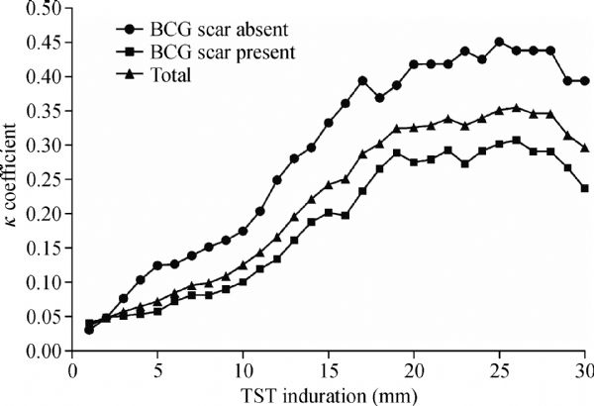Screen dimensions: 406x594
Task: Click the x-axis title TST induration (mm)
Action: pyautogui.click(x=331, y=392)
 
